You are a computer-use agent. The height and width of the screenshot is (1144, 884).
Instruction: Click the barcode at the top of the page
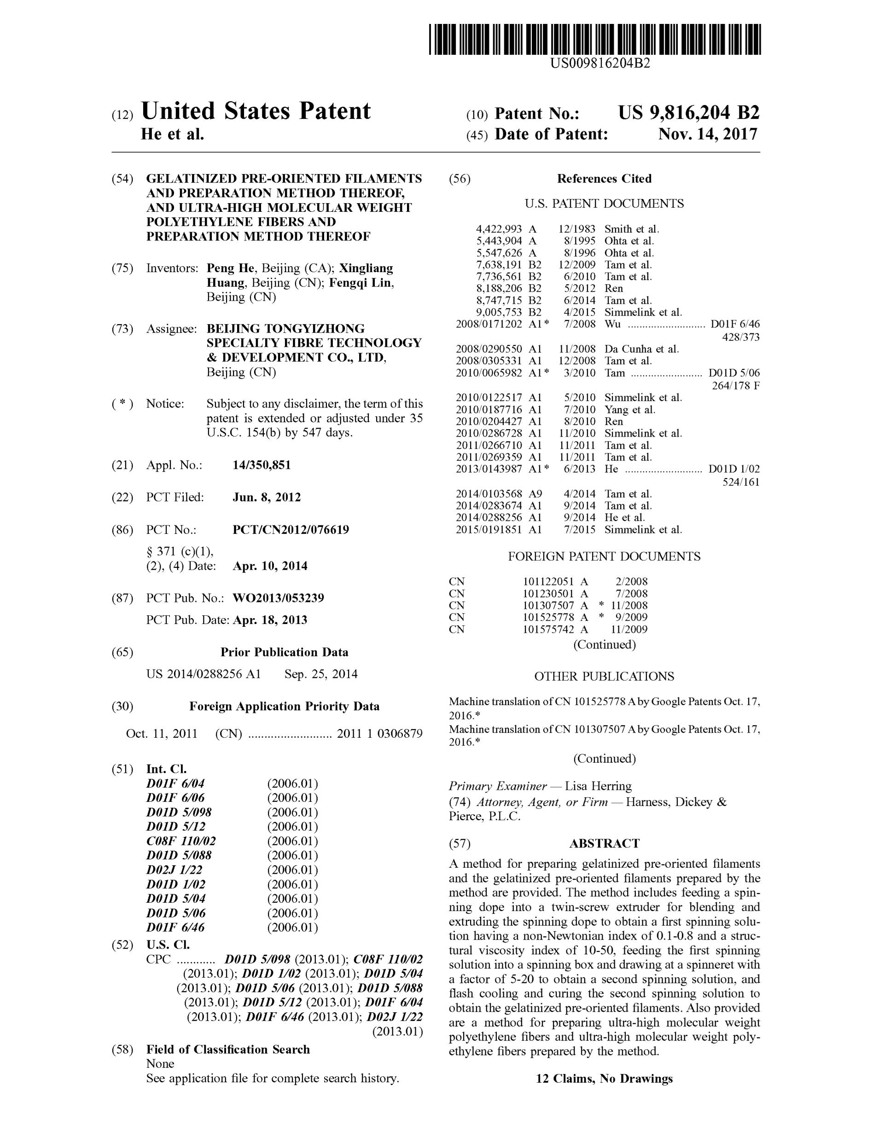(x=594, y=39)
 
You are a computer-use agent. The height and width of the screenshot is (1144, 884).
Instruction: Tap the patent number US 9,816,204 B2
(x=688, y=113)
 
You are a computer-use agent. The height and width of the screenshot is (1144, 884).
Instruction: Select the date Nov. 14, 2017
(x=708, y=134)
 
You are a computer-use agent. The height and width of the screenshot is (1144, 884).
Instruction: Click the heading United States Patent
(x=256, y=111)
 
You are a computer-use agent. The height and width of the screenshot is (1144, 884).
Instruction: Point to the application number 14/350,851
(x=262, y=465)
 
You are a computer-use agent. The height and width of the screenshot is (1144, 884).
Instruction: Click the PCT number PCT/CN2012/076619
(x=291, y=530)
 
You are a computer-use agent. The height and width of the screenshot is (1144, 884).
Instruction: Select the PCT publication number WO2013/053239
(x=278, y=598)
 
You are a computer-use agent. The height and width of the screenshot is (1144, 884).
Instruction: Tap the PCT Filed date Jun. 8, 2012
(x=267, y=497)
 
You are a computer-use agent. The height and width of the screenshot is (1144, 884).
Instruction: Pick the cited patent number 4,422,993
(x=499, y=229)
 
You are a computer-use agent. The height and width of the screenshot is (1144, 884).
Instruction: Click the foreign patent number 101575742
(x=548, y=630)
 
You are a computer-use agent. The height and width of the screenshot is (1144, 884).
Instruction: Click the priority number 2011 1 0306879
(x=379, y=733)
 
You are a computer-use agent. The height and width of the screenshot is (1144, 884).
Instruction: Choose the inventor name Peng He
(x=230, y=268)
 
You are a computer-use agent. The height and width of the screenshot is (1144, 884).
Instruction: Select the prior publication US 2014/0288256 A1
(x=203, y=674)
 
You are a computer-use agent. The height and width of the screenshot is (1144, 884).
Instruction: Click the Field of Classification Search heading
(x=228, y=1049)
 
